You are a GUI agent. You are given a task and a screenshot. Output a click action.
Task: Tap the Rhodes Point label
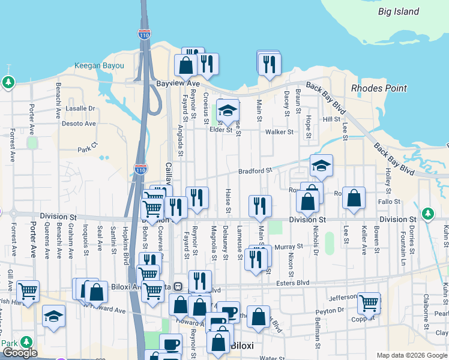pyautogui.click(x=379, y=88)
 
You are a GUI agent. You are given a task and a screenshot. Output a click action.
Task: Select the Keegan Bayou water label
pyautogui.click(x=99, y=66)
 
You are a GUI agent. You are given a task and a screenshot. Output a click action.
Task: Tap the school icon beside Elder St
pyautogui.click(x=228, y=110)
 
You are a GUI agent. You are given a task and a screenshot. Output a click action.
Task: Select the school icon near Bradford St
pyautogui.click(x=321, y=166)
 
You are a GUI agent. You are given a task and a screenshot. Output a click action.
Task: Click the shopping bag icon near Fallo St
pyautogui.click(x=354, y=199)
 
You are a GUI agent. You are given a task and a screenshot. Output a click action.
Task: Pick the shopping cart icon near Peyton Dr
pyautogui.click(x=369, y=304)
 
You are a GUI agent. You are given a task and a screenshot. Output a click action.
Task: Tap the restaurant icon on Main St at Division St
pyautogui.click(x=260, y=206)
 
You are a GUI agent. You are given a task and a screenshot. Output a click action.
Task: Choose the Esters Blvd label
pyautogui.click(x=292, y=283)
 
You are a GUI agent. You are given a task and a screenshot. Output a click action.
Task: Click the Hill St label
pyautogui.click(x=331, y=120)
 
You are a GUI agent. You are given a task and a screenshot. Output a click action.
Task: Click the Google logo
pyautogui.click(x=20, y=353)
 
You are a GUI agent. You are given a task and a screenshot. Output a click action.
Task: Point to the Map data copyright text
pyautogui.click(x=411, y=355)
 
